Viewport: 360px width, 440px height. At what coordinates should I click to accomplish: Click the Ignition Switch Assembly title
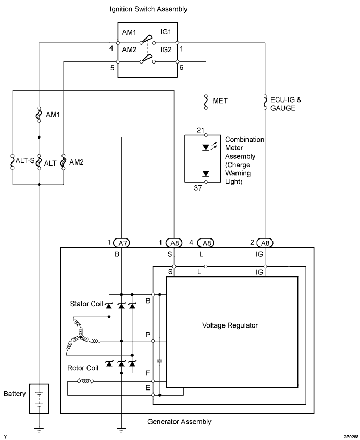coord(148,9)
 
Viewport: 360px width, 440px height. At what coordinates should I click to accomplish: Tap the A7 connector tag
coord(121,242)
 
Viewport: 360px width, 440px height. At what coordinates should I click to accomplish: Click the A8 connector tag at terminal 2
coord(265,242)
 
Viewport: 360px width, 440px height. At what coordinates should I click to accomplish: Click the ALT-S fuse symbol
coord(13,162)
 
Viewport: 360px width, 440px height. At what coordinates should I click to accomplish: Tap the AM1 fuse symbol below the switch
coord(39,114)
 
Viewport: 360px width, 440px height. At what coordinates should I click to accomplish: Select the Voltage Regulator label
coord(230,325)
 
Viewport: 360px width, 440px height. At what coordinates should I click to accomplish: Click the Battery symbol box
coord(39,399)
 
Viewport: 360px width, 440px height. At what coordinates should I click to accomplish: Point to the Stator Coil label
coord(86,303)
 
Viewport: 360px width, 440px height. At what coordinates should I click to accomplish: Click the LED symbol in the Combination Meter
coord(206,147)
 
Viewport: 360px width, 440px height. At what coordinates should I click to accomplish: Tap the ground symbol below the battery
coord(39,430)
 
